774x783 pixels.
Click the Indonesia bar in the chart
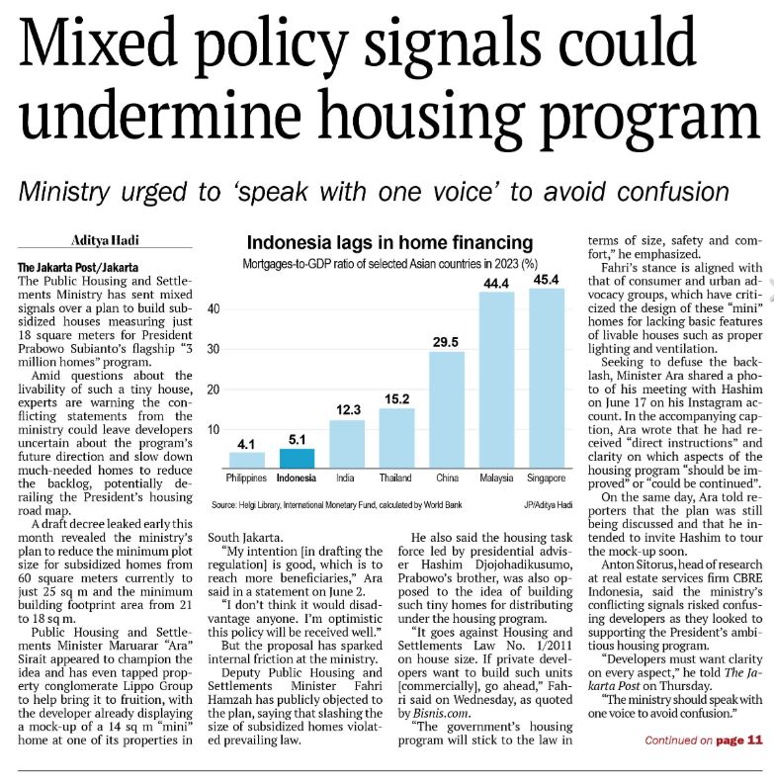(x=297, y=459)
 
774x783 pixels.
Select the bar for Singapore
(x=547, y=378)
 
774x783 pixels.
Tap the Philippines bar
(x=247, y=460)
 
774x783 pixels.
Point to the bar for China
(x=447, y=410)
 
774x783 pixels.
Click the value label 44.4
(x=496, y=284)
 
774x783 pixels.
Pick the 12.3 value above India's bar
(x=348, y=410)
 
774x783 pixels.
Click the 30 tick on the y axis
(x=214, y=349)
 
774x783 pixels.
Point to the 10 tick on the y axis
(x=214, y=429)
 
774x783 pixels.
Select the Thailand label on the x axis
(x=395, y=478)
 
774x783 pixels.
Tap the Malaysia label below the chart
(x=496, y=478)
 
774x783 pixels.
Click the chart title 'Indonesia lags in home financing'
(x=389, y=242)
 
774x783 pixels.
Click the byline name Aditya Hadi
(x=105, y=240)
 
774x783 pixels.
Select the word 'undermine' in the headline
(x=160, y=116)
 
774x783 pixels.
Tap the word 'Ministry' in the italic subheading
(x=64, y=192)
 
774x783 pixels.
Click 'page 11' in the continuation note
(x=739, y=740)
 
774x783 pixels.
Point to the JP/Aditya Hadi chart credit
(x=548, y=505)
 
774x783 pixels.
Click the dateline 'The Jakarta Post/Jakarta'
(x=78, y=267)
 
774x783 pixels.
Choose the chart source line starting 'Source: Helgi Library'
(x=336, y=505)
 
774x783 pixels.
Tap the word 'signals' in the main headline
(x=452, y=43)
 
